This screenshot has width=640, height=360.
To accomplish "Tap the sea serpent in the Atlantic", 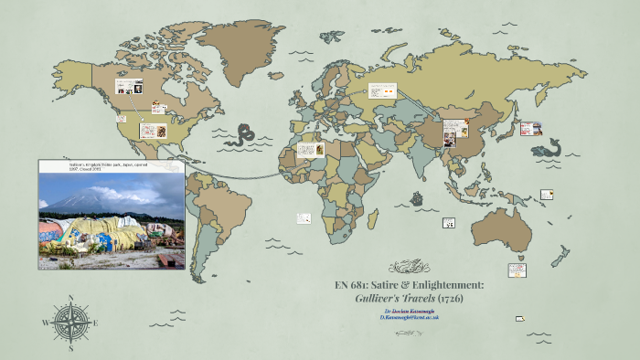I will [x=243, y=135].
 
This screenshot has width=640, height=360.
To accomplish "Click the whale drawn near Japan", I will [x=549, y=146].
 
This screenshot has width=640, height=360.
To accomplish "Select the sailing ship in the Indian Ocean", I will [x=417, y=198].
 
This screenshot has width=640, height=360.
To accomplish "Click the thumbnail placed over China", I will [x=454, y=132].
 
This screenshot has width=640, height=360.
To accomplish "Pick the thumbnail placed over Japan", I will [x=528, y=129].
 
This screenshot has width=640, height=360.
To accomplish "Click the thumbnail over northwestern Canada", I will [x=126, y=88].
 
